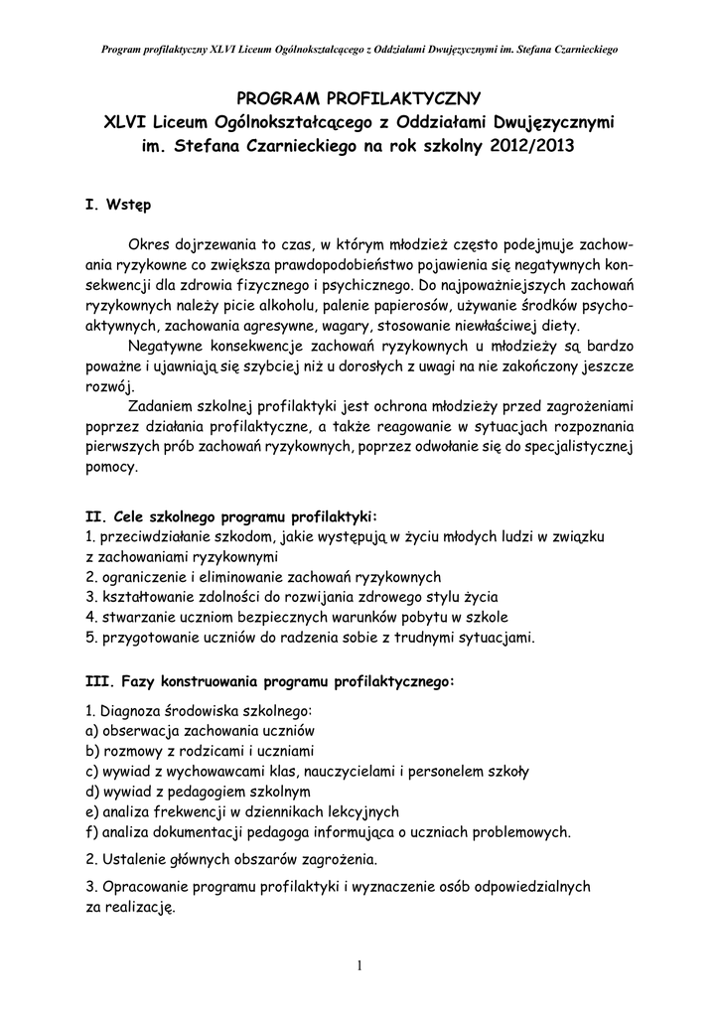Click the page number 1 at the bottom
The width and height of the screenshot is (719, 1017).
(x=359, y=966)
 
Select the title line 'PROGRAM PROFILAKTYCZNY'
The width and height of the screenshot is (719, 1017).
(x=359, y=97)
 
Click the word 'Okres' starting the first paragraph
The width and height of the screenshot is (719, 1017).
(x=149, y=243)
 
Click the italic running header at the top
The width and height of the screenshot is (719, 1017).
(x=359, y=49)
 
